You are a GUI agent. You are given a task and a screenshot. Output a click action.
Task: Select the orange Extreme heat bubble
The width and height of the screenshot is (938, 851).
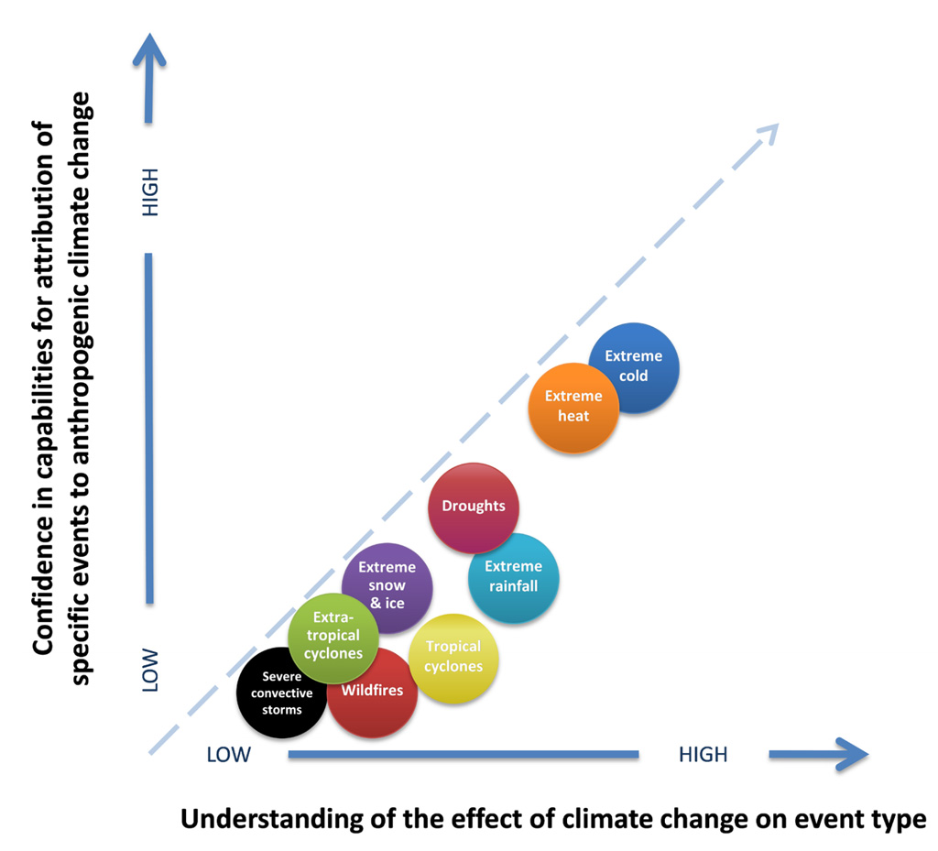(x=573, y=407)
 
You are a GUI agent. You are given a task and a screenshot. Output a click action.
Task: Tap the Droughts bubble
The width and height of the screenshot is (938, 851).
(x=474, y=507)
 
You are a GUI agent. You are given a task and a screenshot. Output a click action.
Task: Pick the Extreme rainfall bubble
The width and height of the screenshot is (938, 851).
(x=513, y=577)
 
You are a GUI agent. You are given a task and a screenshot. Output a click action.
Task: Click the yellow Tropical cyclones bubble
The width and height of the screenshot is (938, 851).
(x=453, y=657)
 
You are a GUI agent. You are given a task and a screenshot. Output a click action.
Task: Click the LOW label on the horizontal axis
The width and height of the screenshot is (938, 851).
(x=229, y=755)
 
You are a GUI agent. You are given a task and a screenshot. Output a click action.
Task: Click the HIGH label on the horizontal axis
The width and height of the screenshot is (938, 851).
(x=703, y=755)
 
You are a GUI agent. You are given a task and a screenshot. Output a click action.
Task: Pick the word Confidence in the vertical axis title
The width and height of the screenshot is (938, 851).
(x=42, y=582)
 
